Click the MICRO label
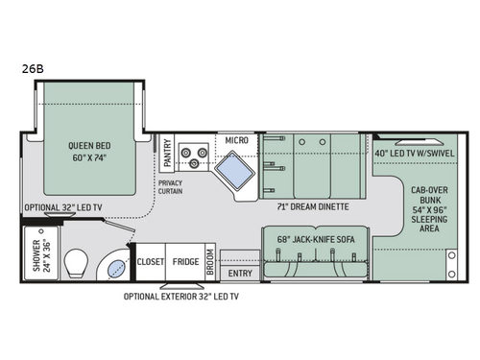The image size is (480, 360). tap(237, 140)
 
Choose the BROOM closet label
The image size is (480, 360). tap(209, 262)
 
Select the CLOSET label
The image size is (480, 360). tap(151, 260)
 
